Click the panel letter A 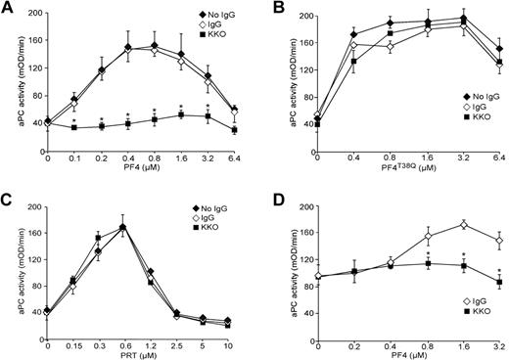tap(7, 8)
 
